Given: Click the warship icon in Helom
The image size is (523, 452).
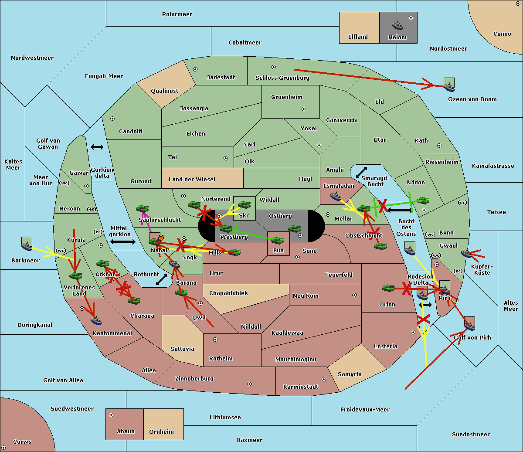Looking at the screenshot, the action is point(397,25).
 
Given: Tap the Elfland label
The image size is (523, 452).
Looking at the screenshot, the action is point(358,37).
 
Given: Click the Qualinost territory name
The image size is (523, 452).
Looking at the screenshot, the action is point(164,91).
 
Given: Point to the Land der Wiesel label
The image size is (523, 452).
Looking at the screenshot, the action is point(192,180).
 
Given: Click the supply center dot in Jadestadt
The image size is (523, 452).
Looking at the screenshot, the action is point(195,69).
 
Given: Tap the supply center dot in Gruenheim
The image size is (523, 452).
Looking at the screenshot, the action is point(304,109).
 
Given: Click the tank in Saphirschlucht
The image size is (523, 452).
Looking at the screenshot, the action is point(142,208).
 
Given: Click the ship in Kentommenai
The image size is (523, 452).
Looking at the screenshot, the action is point(96,320).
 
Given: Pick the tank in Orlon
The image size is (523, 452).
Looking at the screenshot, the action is point(388,288).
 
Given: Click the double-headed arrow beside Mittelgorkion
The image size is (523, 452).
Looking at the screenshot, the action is point(123,242).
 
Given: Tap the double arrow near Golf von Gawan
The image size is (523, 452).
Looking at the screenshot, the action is point(97,147).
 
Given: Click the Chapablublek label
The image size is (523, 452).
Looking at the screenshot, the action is point(228,293).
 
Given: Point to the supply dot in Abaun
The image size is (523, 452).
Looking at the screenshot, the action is point(111,415).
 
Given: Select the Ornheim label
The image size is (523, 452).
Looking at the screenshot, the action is point(161,432).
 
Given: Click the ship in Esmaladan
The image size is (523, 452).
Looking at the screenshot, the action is point(336,197).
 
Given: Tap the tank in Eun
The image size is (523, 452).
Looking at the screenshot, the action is point(277,241).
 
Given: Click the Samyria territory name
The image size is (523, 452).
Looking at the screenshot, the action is point(350,374).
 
